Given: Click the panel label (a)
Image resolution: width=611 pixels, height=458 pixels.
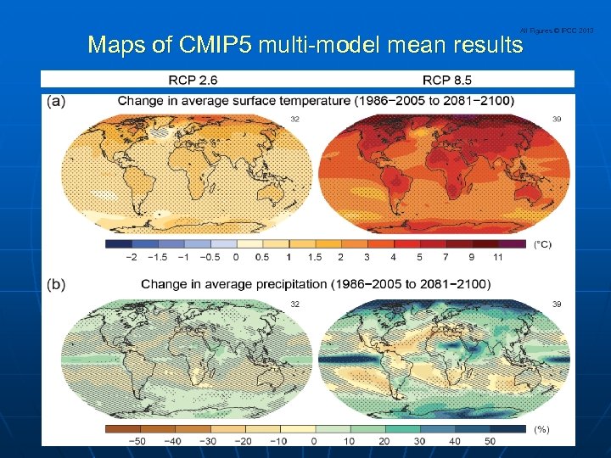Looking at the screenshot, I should (56, 100).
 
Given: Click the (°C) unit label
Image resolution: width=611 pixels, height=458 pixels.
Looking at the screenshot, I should (541, 244).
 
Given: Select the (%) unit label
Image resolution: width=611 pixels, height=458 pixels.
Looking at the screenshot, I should (541, 429).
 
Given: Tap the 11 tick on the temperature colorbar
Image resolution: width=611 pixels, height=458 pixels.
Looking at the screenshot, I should (498, 257).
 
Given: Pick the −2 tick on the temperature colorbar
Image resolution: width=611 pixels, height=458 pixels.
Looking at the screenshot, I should (131, 257).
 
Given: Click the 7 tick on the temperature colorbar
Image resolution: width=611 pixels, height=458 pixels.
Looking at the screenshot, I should (446, 257).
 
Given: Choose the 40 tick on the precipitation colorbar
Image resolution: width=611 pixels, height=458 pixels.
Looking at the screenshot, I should (454, 441).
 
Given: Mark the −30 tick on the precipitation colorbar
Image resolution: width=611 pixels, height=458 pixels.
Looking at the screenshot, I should (206, 441).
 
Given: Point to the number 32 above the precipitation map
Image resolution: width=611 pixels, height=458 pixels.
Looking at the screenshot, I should (294, 303).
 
